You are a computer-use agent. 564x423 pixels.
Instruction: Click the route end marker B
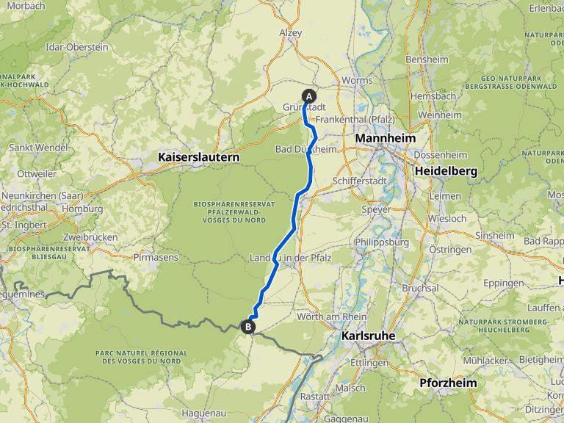[249, 327]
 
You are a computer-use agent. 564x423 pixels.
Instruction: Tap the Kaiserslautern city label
[199, 157]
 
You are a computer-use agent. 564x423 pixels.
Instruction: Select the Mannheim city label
[385, 138]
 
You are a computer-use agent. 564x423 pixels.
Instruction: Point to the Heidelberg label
[446, 171]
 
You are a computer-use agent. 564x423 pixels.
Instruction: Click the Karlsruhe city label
[369, 336]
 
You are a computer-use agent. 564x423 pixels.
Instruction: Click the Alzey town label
[291, 33]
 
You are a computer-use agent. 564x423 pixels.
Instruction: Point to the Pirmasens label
[156, 258]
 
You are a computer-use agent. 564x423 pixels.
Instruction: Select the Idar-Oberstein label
[76, 47]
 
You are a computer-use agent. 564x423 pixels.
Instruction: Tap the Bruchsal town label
[420, 289]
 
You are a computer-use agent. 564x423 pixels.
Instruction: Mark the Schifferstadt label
[358, 181]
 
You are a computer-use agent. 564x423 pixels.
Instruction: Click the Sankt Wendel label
[37, 148]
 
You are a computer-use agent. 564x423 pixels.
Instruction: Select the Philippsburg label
[381, 242]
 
